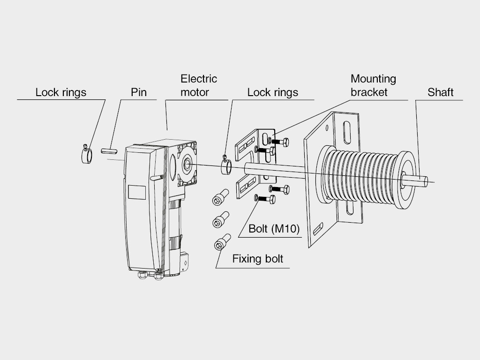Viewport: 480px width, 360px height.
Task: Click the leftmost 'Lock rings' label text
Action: (61, 92)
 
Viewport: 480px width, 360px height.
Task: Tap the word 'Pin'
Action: (138, 92)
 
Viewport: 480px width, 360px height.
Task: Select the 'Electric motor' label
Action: (199, 85)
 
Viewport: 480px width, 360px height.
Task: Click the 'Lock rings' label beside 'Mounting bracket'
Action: (272, 92)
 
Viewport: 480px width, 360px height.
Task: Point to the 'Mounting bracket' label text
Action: (373, 85)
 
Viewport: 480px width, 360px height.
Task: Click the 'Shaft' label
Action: (440, 92)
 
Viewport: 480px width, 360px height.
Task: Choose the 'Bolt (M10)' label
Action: (271, 229)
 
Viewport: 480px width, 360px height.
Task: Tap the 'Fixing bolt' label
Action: (258, 259)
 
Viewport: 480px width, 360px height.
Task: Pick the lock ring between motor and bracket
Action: (226, 166)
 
